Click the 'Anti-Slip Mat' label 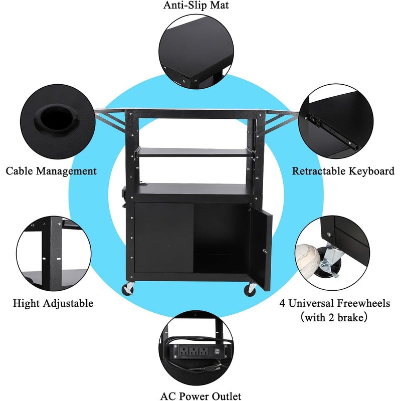[x=200, y=6]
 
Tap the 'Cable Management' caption [x=51, y=171]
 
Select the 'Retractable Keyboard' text [x=343, y=171]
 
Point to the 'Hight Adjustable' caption [x=53, y=303]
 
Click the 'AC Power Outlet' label [x=200, y=396]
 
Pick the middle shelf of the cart [x=195, y=150]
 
